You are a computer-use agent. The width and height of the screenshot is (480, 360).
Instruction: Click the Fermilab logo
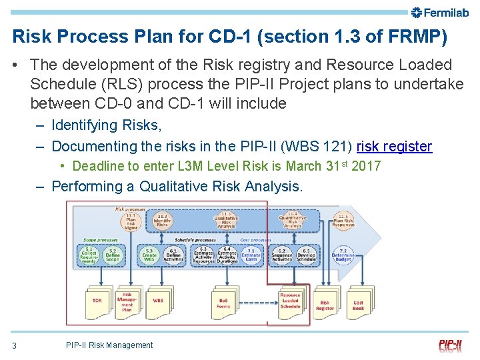pyautogui.click(x=441, y=12)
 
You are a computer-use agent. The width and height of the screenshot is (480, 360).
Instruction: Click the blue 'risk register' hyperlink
pyautogui.click(x=394, y=146)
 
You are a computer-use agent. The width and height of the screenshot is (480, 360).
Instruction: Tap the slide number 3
pyautogui.click(x=14, y=345)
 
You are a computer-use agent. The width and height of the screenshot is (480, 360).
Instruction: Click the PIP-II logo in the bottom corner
pyautogui.click(x=451, y=345)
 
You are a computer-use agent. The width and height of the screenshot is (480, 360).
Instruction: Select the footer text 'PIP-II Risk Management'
pyautogui.click(x=109, y=345)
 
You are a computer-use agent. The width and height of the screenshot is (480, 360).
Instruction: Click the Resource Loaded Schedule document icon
pyautogui.click(x=290, y=301)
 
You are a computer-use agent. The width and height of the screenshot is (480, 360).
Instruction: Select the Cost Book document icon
pyautogui.click(x=359, y=303)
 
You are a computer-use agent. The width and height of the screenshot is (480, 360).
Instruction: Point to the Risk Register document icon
pyautogui.click(x=325, y=304)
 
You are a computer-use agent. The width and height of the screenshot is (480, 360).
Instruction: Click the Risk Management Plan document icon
pyautogui.click(x=127, y=302)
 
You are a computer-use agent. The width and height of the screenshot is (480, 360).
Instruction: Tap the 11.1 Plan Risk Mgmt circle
pyautogui.click(x=131, y=220)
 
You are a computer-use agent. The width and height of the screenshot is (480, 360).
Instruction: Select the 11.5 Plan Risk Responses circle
pyautogui.click(x=343, y=220)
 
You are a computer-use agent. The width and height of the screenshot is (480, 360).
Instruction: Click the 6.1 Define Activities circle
pyautogui.click(x=173, y=256)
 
